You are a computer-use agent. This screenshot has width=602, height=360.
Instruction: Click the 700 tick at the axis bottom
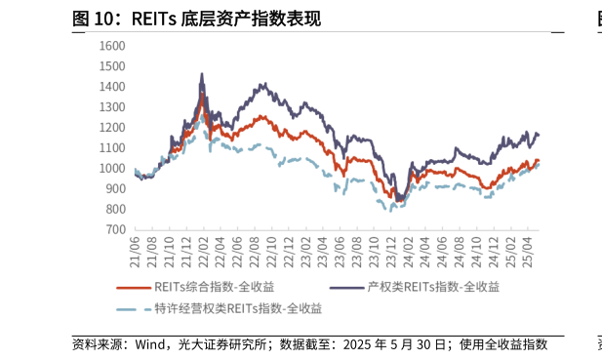click(116, 230)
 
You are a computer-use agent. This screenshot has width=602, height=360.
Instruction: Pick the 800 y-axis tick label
click(116, 210)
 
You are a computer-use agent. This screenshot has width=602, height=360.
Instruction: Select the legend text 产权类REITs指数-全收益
click(433, 287)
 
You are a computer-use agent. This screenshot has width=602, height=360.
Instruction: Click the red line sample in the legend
click(133, 287)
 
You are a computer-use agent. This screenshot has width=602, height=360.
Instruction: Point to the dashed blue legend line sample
click(133, 308)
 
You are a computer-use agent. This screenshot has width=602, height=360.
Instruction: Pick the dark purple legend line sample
click(344, 287)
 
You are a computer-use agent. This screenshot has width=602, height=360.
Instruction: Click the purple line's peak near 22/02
click(202, 73)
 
